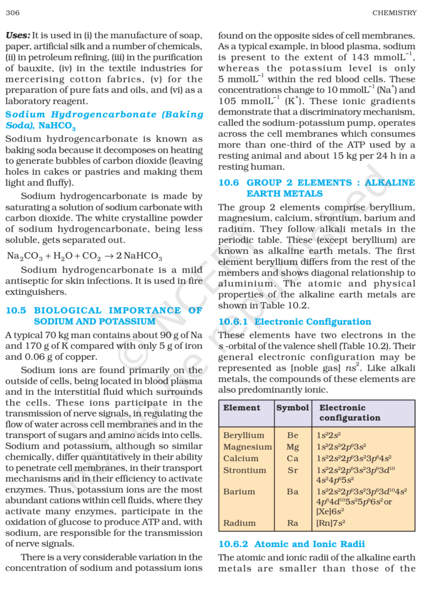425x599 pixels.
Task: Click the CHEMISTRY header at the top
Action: pyautogui.click(x=393, y=12)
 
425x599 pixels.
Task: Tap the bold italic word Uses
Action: pyautogui.click(x=17, y=35)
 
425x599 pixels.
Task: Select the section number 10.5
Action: pyautogui.click(x=16, y=311)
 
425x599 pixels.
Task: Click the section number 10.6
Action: pyautogui.click(x=229, y=183)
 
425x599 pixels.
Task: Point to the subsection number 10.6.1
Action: pyautogui.click(x=233, y=322)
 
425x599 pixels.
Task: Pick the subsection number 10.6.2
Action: pyautogui.click(x=233, y=544)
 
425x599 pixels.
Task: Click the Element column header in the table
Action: pyautogui.click(x=241, y=408)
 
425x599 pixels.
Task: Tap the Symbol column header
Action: pyautogui.click(x=292, y=408)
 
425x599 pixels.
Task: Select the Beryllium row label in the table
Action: pyautogui.click(x=244, y=435)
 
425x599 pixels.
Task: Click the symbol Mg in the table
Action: pyautogui.click(x=292, y=447)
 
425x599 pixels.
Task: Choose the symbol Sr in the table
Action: pyautogui.click(x=292, y=470)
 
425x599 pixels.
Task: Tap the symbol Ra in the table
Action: pyautogui.click(x=292, y=524)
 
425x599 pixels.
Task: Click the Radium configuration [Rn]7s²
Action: pyautogui.click(x=329, y=524)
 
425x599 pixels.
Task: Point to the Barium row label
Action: pyautogui.click(x=239, y=492)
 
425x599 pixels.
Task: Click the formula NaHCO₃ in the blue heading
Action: pyautogui.click(x=57, y=126)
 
